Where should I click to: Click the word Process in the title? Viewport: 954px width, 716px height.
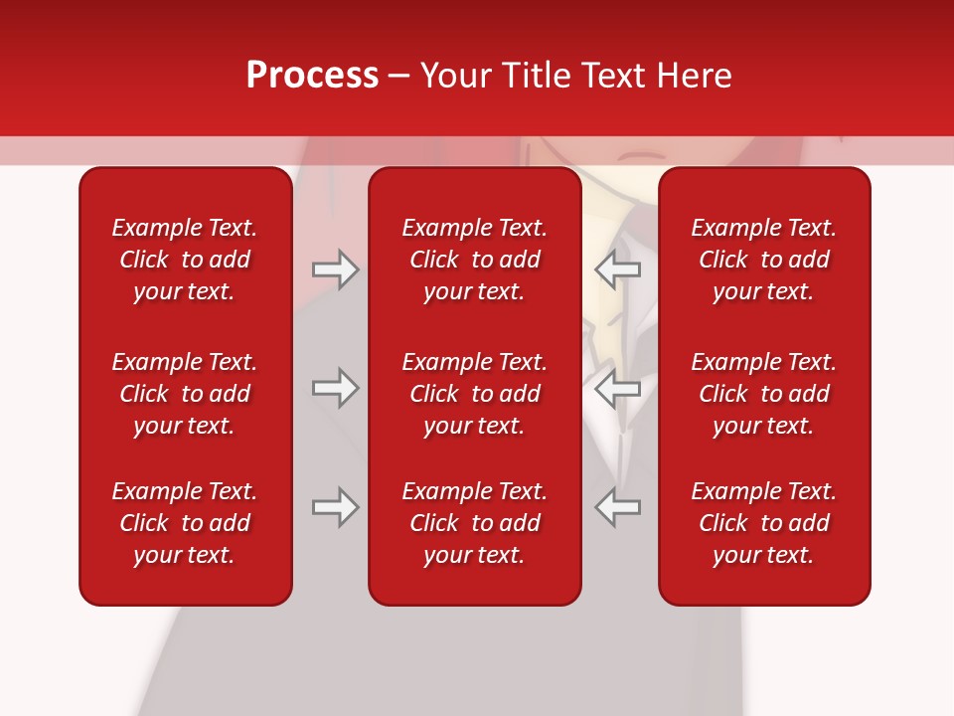[x=312, y=76]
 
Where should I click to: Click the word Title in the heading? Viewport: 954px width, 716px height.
[x=534, y=76]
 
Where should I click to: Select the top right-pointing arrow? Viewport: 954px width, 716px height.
[x=335, y=269]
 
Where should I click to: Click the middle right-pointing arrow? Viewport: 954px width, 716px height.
[x=335, y=388]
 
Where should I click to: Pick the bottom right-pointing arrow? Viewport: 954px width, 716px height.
[x=335, y=507]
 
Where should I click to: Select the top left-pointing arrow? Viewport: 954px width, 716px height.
[x=618, y=269]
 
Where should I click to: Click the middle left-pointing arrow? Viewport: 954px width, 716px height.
[x=618, y=388]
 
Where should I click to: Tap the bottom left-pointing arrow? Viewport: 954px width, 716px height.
[x=618, y=507]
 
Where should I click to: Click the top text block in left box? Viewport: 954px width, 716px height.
[x=185, y=260]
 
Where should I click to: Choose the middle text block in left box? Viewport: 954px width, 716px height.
[x=185, y=394]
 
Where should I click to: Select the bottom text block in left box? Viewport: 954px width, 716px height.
[x=185, y=523]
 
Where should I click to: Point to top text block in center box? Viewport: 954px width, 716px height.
[x=474, y=260]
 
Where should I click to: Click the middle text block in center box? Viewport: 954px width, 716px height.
[x=474, y=394]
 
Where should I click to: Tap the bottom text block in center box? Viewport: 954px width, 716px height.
[x=474, y=523]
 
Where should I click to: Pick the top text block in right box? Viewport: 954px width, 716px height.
[x=763, y=260]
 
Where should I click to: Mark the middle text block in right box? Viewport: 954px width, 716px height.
[x=763, y=394]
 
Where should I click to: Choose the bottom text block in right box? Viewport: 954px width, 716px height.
[x=763, y=523]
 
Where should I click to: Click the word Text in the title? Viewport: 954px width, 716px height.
[x=614, y=76]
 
